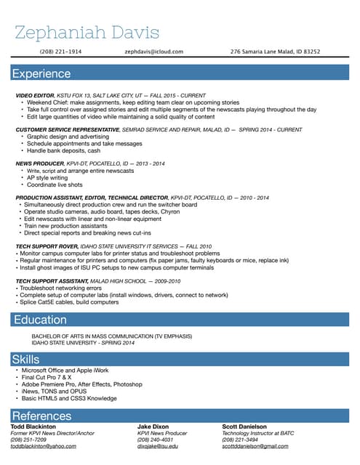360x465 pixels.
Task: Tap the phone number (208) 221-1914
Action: point(60,52)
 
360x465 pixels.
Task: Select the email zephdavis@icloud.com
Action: point(154,52)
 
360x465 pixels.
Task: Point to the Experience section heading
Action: point(41,73)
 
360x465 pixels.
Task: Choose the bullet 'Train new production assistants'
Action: point(66,226)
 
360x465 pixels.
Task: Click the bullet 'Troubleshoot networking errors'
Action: point(61,288)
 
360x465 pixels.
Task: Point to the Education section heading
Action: point(39,320)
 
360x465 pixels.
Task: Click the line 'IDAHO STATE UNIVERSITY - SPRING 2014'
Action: point(84,343)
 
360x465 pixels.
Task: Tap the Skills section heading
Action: point(25,359)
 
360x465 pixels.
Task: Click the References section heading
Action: point(41,416)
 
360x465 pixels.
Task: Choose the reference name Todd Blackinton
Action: point(33,426)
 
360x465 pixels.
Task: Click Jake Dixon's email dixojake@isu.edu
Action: point(158,446)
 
